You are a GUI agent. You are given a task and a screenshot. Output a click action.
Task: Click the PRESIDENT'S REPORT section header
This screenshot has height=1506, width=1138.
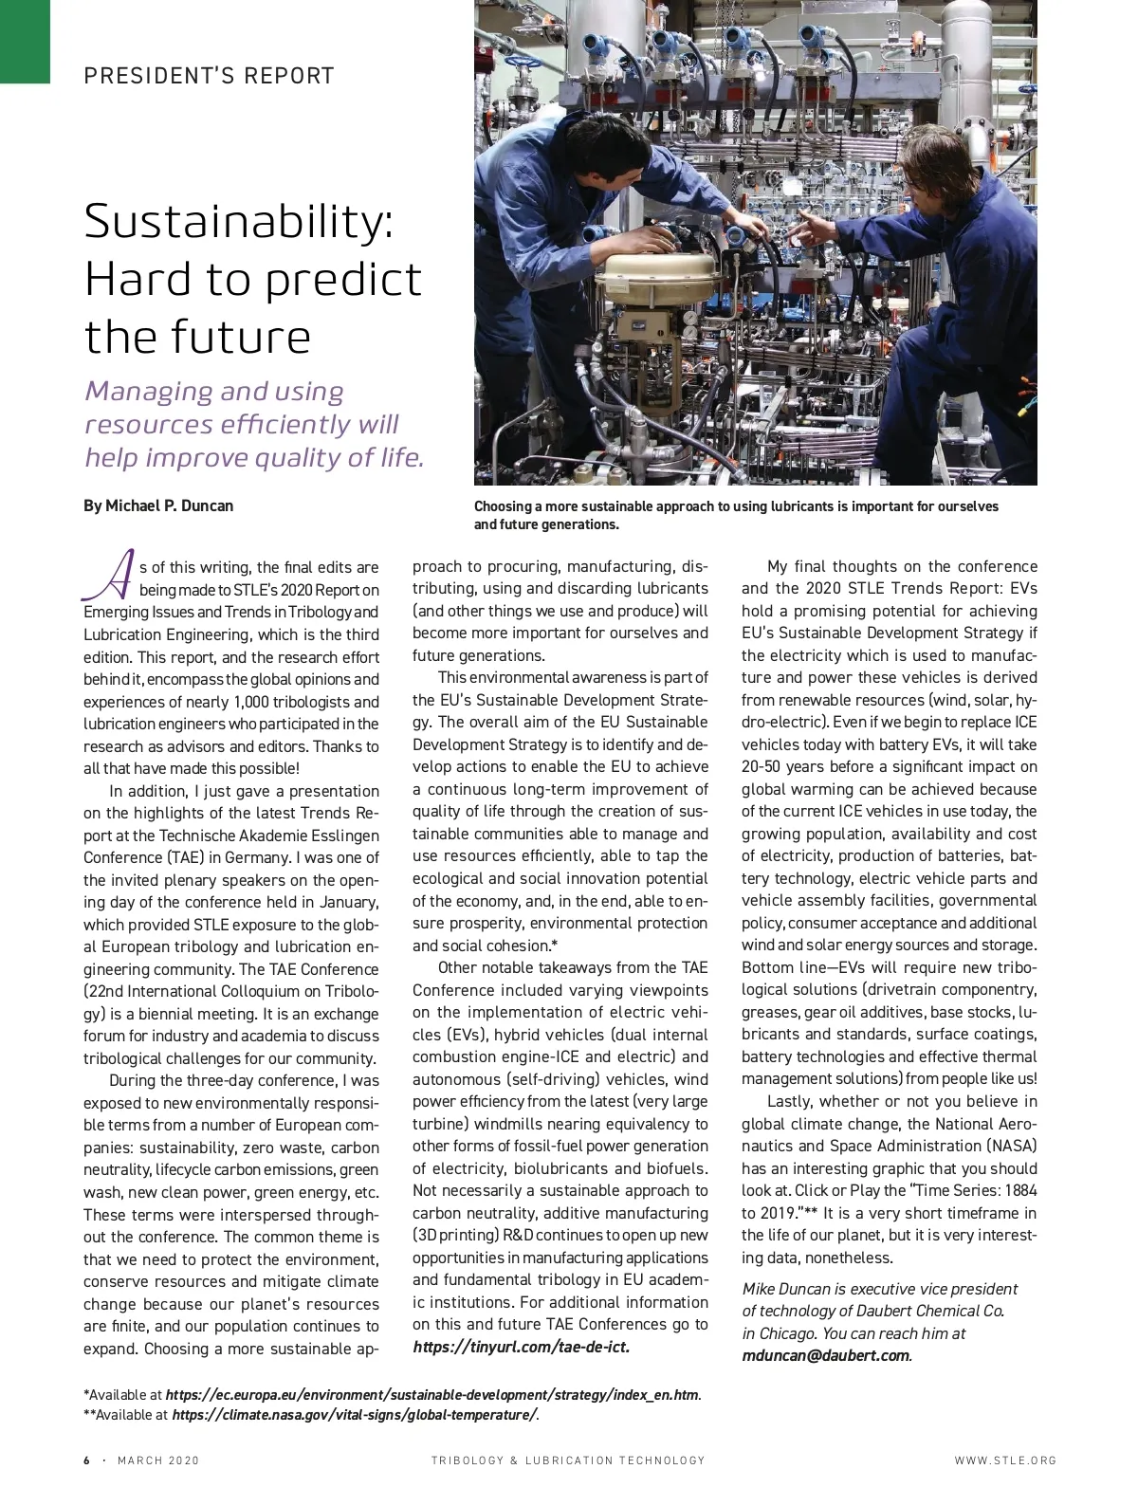click(x=209, y=76)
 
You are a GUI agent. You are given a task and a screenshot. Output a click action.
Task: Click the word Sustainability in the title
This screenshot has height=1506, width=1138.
click(x=237, y=222)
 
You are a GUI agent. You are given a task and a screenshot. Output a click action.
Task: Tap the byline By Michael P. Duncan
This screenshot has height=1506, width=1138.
click(x=158, y=505)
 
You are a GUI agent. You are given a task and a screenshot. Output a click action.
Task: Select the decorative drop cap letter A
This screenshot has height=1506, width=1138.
click(x=106, y=575)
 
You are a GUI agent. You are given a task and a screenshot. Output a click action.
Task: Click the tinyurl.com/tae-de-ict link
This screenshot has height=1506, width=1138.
click(x=522, y=1347)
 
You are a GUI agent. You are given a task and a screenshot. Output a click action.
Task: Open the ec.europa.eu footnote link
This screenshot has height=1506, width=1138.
click(x=431, y=1395)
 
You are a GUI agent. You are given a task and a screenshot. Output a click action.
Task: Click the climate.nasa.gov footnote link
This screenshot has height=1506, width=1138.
click(x=354, y=1415)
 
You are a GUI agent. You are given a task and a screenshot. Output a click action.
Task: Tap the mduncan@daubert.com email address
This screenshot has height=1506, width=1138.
click(x=825, y=1355)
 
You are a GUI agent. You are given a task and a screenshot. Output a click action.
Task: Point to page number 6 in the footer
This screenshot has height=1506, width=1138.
click(x=87, y=1460)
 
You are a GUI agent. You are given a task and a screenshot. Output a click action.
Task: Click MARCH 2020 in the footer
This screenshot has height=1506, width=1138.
click(x=158, y=1460)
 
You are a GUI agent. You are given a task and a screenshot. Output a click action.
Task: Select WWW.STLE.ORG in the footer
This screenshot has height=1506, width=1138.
click(x=1005, y=1460)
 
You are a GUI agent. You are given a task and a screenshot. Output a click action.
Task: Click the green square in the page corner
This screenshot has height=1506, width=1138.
click(x=25, y=41)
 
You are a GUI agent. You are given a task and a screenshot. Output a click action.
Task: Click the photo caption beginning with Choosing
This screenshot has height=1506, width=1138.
click(x=736, y=515)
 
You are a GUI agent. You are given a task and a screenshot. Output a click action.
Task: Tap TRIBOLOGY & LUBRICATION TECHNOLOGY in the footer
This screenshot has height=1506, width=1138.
click(x=568, y=1460)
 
